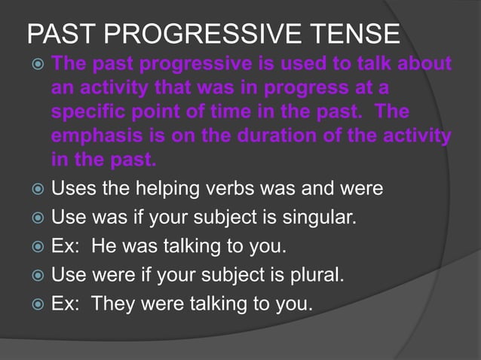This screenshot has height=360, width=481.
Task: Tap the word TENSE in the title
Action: tap(361, 35)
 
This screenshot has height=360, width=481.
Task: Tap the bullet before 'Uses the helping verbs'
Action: tap(35, 188)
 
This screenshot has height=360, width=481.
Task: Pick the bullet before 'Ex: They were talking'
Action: tap(35, 305)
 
